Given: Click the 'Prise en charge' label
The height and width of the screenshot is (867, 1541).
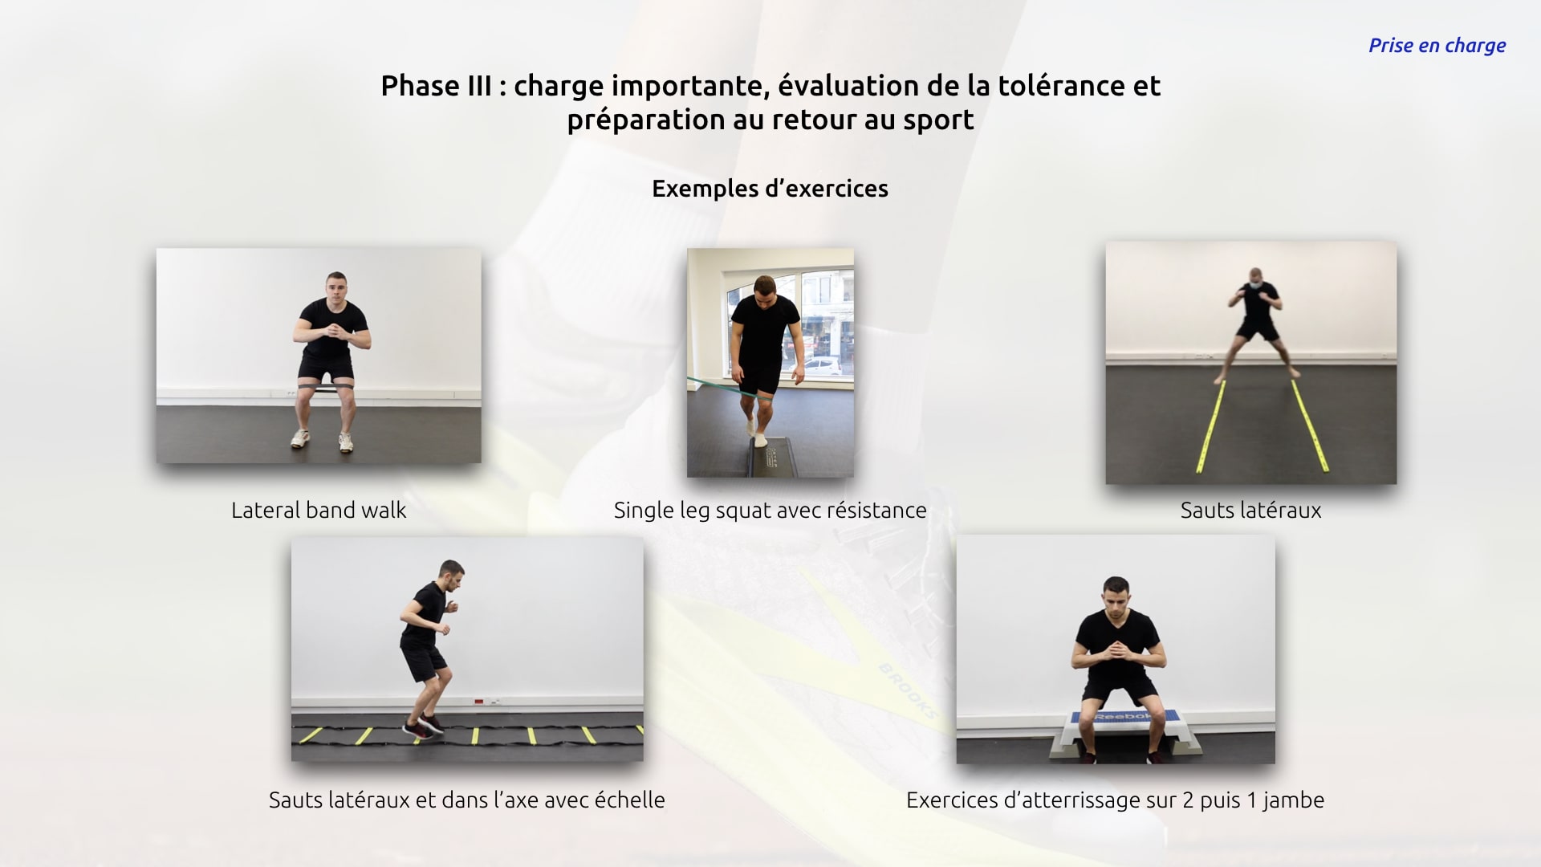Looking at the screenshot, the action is point(1437,46).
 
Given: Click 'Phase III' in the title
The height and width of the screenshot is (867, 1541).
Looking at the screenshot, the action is point(436,86).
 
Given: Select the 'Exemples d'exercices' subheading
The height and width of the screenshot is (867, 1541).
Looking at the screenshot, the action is point(770,189).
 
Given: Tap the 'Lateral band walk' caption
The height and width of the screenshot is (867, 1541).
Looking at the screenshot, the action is point(319,511).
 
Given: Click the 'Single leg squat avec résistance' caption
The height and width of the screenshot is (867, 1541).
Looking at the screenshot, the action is point(770,511).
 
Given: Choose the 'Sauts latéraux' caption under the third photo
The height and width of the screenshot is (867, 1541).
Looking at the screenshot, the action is point(1250,511).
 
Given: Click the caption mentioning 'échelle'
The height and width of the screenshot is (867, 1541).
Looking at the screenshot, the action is point(466,800).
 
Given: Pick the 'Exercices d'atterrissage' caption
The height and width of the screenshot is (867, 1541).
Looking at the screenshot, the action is point(1115,800).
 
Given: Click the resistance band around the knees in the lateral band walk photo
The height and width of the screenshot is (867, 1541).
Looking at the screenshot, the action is point(325,389).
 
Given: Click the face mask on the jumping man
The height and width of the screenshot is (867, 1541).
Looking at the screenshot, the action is point(1256,285).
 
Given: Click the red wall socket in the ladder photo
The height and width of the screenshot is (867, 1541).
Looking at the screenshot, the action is point(479,702).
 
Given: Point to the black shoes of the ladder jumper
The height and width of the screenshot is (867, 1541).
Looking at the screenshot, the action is point(423,727).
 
